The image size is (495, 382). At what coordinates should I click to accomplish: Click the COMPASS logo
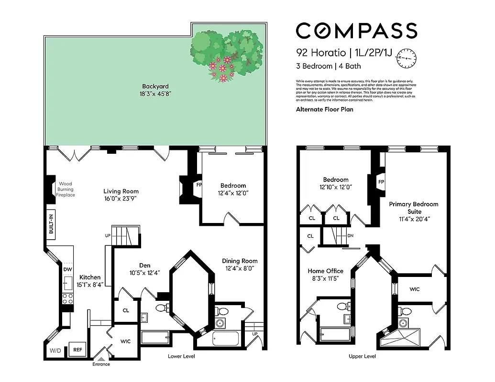(356, 31)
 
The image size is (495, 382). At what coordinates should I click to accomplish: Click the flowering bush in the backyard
(227, 53)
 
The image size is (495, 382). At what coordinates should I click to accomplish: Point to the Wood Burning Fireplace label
(66, 189)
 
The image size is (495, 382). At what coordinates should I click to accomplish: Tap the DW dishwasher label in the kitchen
(67, 269)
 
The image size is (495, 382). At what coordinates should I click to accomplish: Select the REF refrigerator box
(77, 350)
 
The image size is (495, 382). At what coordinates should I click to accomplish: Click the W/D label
(55, 351)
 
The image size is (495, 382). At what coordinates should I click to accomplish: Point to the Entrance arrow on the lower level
(101, 357)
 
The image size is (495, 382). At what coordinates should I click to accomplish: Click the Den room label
(145, 265)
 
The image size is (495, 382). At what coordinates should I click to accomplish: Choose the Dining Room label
(240, 261)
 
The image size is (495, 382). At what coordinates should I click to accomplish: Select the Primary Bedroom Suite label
(413, 208)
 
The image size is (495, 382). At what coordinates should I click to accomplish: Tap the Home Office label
(326, 271)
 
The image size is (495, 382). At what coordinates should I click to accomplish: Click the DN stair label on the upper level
(351, 236)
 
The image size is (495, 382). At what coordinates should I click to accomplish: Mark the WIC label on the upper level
(414, 289)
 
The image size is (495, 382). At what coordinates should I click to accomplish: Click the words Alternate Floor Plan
(324, 109)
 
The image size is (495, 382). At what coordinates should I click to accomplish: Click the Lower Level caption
(181, 356)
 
